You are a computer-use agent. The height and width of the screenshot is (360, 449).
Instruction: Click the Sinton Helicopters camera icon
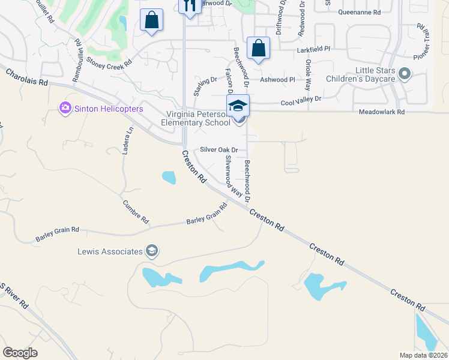[65, 109]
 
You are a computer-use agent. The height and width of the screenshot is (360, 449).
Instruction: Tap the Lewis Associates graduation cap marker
[152, 251]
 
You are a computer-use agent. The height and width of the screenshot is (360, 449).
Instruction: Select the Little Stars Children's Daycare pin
[405, 74]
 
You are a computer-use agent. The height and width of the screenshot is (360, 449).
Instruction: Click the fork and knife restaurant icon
[190, 6]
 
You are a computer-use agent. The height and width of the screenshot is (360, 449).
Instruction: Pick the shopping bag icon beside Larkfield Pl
[258, 49]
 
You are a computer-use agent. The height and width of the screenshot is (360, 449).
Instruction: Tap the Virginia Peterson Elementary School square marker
[238, 106]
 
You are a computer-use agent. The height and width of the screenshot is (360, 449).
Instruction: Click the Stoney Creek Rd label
[109, 62]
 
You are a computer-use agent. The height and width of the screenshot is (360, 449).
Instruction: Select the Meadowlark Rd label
[382, 112]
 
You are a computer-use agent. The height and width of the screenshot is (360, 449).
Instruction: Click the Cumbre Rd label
[136, 211]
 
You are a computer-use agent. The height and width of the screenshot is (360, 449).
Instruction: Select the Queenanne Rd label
[360, 12]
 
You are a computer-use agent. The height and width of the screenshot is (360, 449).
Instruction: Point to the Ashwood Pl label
[277, 80]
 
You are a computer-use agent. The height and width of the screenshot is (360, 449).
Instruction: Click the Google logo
[20, 353]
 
